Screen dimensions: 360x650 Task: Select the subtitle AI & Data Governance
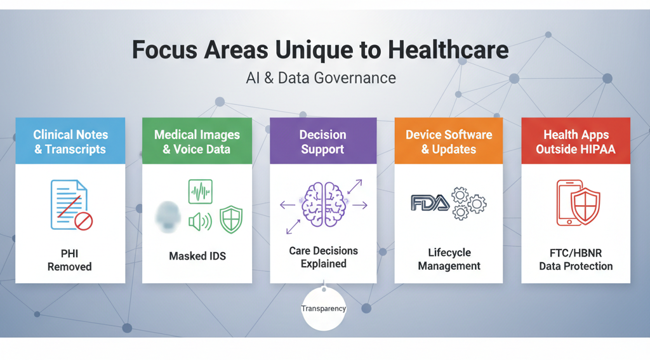click(x=321, y=78)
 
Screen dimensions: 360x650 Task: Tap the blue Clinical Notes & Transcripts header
click(x=70, y=142)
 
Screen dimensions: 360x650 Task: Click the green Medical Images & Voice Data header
click(x=197, y=142)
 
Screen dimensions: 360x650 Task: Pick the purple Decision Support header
click(x=323, y=142)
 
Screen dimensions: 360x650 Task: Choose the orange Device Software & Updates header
click(x=449, y=142)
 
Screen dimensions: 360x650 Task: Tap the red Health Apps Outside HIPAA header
click(x=576, y=142)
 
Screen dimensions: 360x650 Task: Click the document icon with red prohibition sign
click(x=70, y=204)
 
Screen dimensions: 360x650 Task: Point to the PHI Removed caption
click(x=70, y=260)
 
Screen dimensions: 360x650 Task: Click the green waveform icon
click(x=201, y=191)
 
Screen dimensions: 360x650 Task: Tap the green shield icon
click(x=230, y=220)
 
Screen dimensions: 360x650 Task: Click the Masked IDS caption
click(x=197, y=256)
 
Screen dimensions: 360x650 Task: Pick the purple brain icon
click(x=323, y=204)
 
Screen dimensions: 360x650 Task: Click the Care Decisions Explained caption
click(x=323, y=257)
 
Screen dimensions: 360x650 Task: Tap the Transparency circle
click(x=324, y=309)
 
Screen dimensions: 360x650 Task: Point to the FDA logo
click(x=429, y=203)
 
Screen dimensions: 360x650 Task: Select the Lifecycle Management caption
click(x=449, y=259)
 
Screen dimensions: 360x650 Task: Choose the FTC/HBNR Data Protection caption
click(x=576, y=259)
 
